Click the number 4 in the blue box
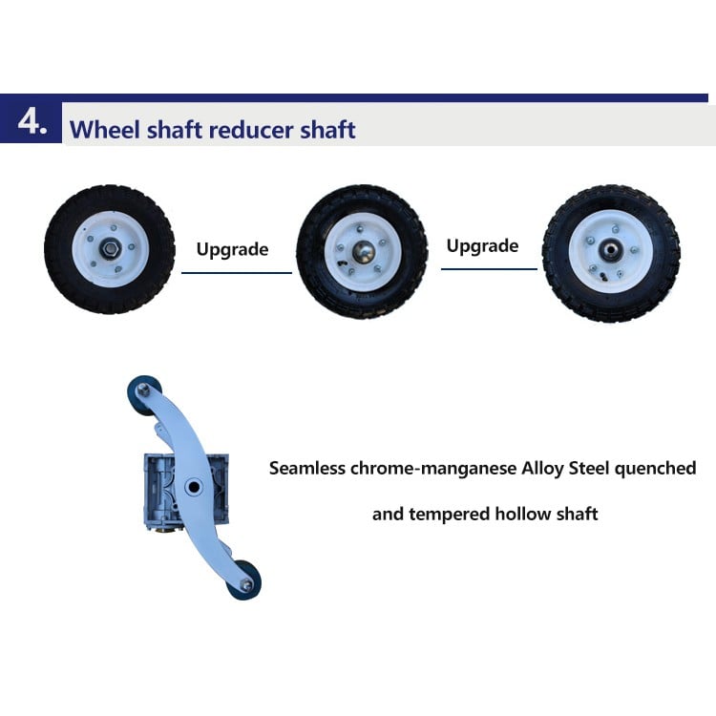pos(29,122)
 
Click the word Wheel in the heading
pos(104,130)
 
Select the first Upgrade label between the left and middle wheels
pos(232,250)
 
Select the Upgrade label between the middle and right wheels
pos(483,246)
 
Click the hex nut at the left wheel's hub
pos(110,249)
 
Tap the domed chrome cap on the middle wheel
pos(364,252)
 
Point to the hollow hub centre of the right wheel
pos(611,250)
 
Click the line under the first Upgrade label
pos(237,273)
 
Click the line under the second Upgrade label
pos(489,269)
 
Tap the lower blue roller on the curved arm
pos(245,580)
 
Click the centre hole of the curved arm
pos(194,487)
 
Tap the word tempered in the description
pos(450,515)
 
